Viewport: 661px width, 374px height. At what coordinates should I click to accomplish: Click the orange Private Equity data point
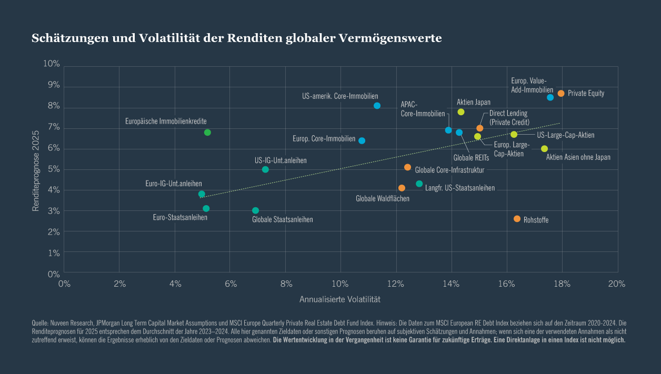[x=561, y=93]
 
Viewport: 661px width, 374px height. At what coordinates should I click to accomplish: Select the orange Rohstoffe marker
[x=517, y=219]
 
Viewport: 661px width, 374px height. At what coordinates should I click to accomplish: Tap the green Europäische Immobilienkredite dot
[x=207, y=133]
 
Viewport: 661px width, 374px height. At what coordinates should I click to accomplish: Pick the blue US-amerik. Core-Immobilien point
[x=377, y=106]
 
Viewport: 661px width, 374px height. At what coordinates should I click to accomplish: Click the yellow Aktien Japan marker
[x=461, y=112]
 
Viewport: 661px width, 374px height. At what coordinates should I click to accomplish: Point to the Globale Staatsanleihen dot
[x=255, y=210]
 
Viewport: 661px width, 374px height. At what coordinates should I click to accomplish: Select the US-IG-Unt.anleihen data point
[x=265, y=169]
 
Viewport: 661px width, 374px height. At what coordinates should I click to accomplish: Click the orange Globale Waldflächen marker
[x=402, y=188]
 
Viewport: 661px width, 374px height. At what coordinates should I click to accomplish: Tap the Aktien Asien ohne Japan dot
[x=544, y=149]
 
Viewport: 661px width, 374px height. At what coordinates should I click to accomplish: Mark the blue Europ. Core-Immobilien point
[x=362, y=140]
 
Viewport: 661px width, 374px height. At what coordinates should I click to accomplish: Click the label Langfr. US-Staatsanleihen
[x=459, y=188]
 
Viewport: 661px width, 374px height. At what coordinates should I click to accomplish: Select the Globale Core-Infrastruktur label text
[x=449, y=170]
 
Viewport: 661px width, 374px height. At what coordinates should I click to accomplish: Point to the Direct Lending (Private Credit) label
[x=509, y=118]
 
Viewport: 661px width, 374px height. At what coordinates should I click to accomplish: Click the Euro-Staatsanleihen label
[x=180, y=217]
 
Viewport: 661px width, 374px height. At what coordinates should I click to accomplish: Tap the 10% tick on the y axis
[x=51, y=64]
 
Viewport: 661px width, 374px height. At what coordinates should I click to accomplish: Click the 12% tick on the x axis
[x=396, y=284]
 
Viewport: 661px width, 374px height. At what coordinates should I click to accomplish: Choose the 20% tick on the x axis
[x=617, y=284]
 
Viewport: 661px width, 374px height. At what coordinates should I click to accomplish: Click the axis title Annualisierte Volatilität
[x=339, y=299]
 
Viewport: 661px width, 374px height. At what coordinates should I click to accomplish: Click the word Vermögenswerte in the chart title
[x=390, y=38]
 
